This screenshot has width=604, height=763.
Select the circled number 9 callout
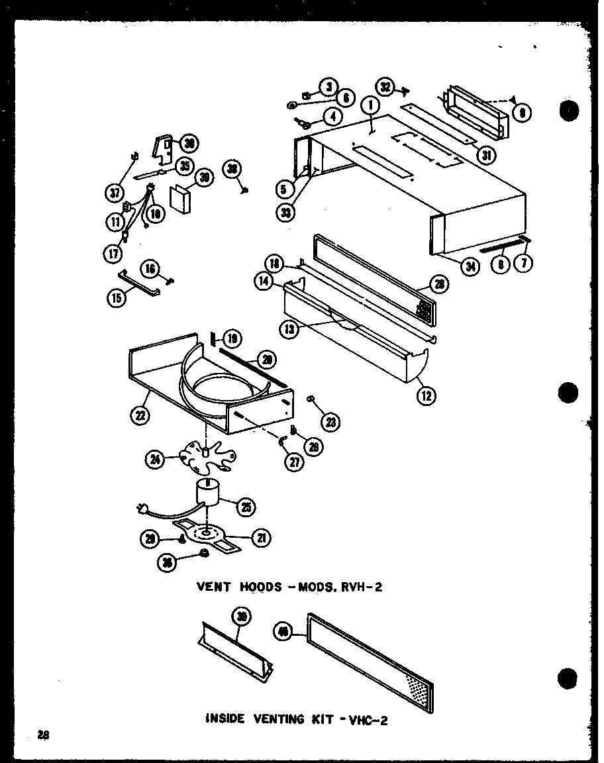pos(523,113)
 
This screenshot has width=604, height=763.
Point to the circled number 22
pos(141,416)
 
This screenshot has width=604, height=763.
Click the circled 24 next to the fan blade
pos(156,458)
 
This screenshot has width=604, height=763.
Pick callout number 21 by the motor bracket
pos(262,539)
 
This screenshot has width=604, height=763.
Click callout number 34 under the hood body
pos(472,267)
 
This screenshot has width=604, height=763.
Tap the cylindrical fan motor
pos(208,495)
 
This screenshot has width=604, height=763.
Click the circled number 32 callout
pos(386,87)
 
